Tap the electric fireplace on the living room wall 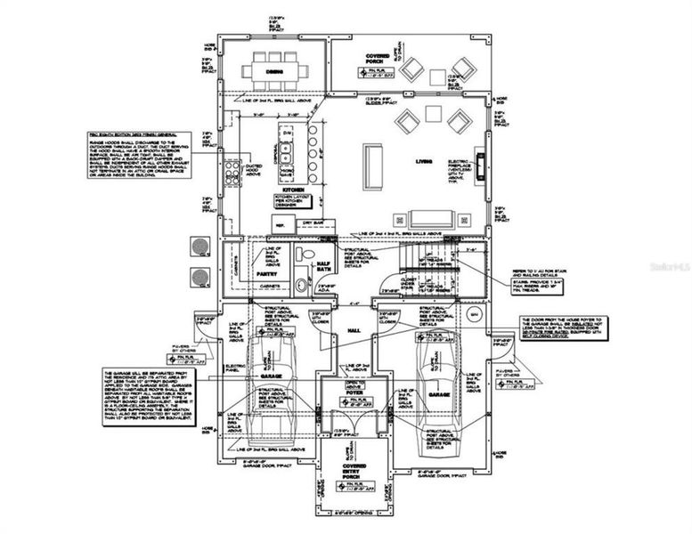[x=481, y=166]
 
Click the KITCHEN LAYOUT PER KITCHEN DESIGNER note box [x=295, y=202]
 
